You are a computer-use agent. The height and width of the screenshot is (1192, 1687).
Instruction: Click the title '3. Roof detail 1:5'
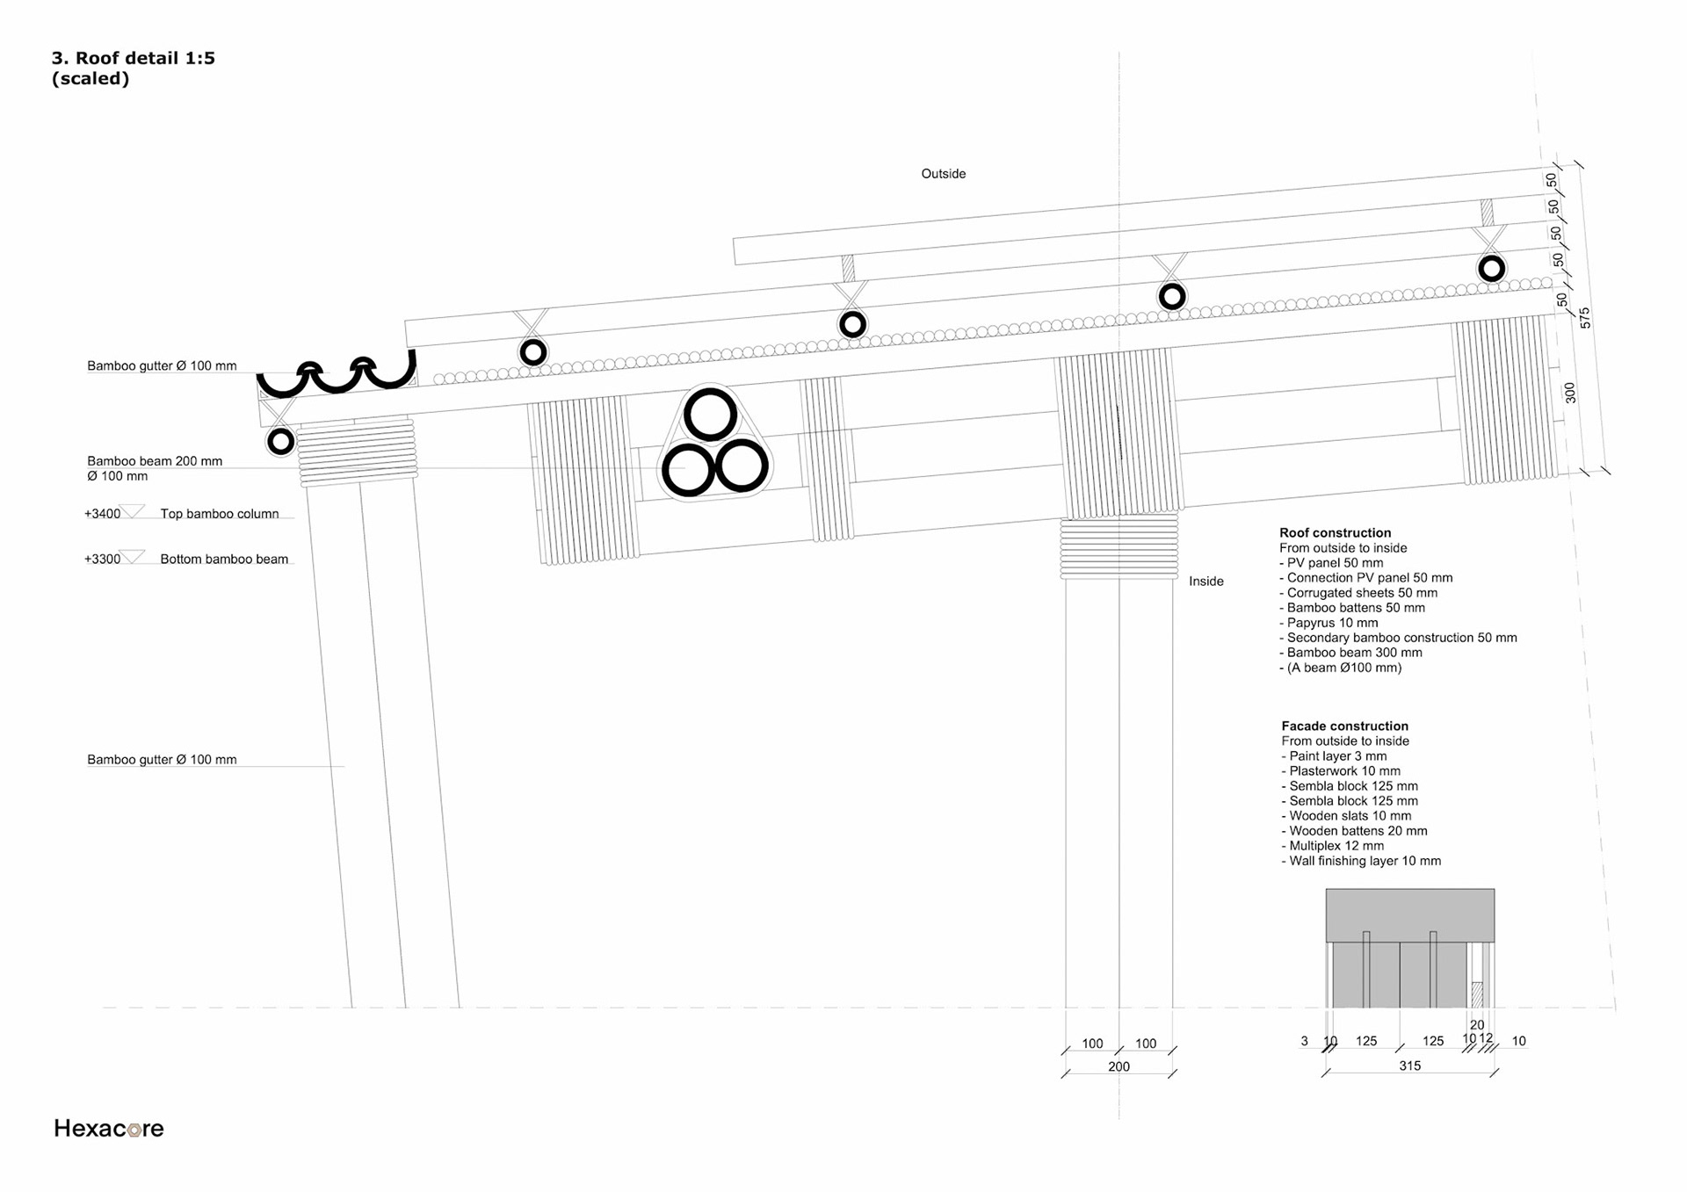pyautogui.click(x=134, y=58)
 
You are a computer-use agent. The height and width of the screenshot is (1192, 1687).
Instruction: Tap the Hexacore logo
pyautogui.click(x=109, y=1128)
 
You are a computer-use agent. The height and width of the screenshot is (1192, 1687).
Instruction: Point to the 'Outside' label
pyautogui.click(x=943, y=174)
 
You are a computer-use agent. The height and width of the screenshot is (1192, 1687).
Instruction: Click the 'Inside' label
pyautogui.click(x=1206, y=582)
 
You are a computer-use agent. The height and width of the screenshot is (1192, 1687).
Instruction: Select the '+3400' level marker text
pyautogui.click(x=102, y=514)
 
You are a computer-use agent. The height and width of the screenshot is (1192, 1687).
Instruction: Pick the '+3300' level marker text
pyautogui.click(x=102, y=559)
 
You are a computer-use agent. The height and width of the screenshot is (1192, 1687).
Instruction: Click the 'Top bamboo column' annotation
pyautogui.click(x=219, y=514)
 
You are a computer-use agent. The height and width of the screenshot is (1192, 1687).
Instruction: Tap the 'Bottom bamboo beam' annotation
pyautogui.click(x=224, y=559)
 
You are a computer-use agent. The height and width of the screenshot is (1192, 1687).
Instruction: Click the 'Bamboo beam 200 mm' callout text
pyautogui.click(x=155, y=461)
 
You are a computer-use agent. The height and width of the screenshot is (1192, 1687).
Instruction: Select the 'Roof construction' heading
pyautogui.click(x=1335, y=532)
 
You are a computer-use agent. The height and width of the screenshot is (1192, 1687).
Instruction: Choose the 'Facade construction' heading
pyautogui.click(x=1344, y=726)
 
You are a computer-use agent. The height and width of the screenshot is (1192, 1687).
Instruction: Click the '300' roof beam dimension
pyautogui.click(x=1570, y=393)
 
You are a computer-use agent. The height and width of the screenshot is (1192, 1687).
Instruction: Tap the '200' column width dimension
pyautogui.click(x=1119, y=1066)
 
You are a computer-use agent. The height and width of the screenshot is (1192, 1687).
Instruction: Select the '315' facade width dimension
pyautogui.click(x=1409, y=1066)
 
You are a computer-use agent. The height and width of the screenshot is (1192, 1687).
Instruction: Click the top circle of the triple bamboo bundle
pyautogui.click(x=710, y=415)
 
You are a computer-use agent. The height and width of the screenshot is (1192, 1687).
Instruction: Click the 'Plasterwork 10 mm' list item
pyautogui.click(x=1341, y=771)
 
